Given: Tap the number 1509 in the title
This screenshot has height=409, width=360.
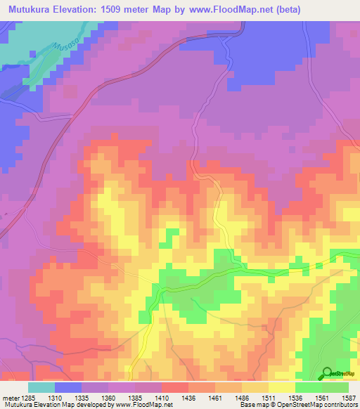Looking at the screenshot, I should (x=125, y=9).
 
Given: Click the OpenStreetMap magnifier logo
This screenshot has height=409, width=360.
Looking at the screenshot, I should (x=326, y=372).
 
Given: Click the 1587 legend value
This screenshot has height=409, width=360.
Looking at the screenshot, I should (x=348, y=397).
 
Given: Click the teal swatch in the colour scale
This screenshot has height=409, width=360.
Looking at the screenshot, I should (x=41, y=387).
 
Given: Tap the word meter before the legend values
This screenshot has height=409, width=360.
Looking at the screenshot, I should (x=9, y=397).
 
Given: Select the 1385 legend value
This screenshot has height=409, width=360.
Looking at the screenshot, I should (x=135, y=397).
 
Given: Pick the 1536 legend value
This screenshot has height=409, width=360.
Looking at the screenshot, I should (x=295, y=397).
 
